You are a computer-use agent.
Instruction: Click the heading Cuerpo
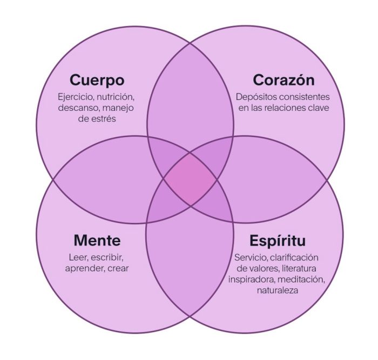(x=97, y=81)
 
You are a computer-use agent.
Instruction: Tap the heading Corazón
(x=283, y=80)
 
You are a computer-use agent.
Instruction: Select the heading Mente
(x=97, y=241)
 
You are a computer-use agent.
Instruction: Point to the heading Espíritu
(x=278, y=241)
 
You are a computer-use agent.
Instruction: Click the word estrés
(x=104, y=119)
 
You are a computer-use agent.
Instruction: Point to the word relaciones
(x=285, y=108)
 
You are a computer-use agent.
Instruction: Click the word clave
(x=319, y=108)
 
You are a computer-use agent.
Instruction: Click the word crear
(x=118, y=269)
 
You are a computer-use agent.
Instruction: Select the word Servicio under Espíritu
(x=251, y=258)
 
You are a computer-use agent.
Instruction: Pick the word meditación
(x=301, y=279)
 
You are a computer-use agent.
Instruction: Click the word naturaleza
(x=278, y=290)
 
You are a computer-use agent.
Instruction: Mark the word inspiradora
(x=252, y=279)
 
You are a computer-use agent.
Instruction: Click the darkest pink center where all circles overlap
(x=190, y=179)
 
